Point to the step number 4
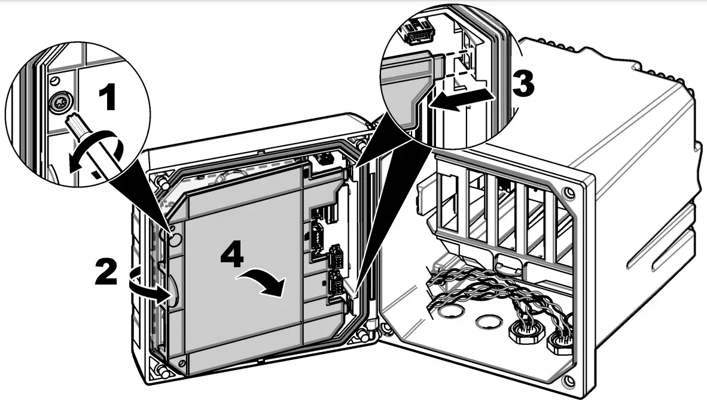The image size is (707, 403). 232,256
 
